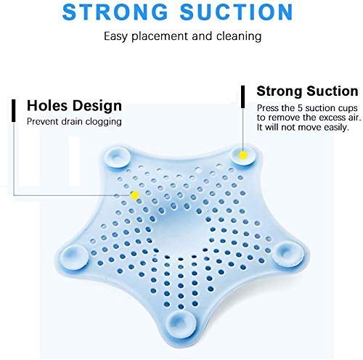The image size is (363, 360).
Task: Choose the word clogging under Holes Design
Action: point(99,121)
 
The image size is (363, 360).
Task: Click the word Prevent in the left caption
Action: point(43,121)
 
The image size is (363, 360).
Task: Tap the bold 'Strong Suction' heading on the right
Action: point(307,91)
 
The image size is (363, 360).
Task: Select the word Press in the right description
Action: point(269,107)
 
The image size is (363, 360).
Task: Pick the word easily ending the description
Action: point(339,127)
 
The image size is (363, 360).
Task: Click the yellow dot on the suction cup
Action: point(242,154)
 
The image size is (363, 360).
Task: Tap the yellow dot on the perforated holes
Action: point(134,195)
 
